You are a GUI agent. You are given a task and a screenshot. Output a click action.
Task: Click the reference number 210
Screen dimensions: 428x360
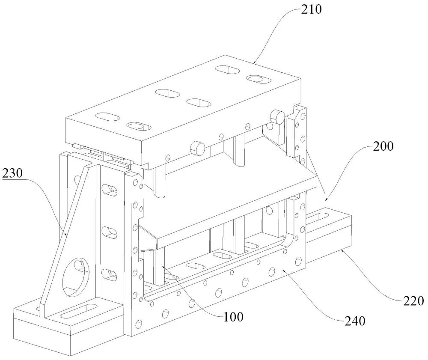[x=312, y=10]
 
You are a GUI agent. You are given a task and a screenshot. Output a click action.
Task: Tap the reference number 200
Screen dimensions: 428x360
[x=383, y=146]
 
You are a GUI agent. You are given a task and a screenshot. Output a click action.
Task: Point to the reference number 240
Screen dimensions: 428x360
[x=355, y=321]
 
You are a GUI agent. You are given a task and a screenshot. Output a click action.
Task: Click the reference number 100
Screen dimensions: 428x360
[x=233, y=317]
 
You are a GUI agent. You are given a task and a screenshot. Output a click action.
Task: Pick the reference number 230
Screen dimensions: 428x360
[x=12, y=173]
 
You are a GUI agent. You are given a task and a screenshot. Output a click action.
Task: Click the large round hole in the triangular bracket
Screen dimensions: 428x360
[x=76, y=277]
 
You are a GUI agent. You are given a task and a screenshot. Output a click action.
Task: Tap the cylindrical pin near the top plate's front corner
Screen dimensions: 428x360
[x=197, y=148]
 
